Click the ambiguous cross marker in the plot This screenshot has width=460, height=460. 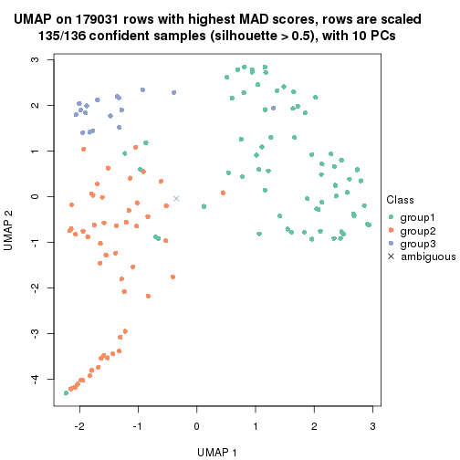pos(176,198)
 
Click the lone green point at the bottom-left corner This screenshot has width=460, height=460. pos(67,392)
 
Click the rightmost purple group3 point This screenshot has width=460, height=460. pos(173,92)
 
